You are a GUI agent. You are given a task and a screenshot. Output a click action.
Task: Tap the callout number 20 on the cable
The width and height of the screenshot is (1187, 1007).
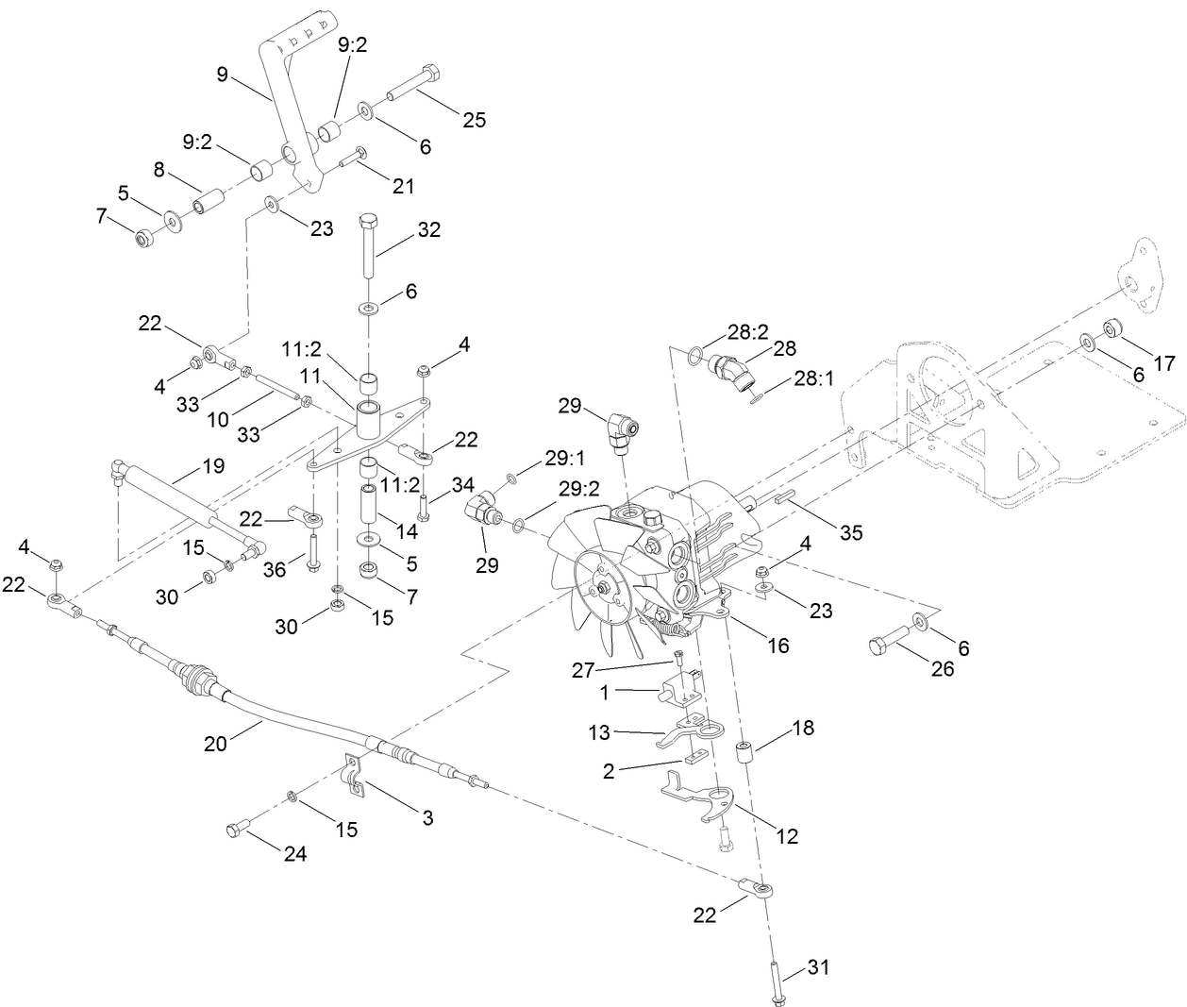(216, 745)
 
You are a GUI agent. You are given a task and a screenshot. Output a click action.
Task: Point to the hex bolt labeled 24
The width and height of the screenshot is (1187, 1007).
(236, 829)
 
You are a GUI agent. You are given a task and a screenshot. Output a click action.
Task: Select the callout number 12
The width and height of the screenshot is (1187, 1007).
(787, 835)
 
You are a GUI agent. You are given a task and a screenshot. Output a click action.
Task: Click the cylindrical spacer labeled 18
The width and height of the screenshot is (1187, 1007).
(744, 756)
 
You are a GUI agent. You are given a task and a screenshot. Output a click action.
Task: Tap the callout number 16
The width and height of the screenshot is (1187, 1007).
(778, 646)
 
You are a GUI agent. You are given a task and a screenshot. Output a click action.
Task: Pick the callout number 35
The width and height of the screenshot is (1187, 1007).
(851, 533)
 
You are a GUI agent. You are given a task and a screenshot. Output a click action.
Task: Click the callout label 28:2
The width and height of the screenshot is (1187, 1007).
(748, 332)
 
